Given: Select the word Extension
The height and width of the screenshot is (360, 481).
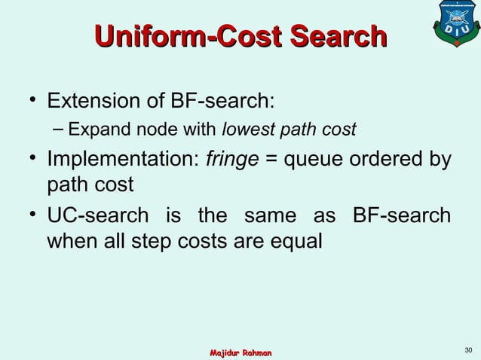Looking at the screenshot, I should click(x=93, y=101).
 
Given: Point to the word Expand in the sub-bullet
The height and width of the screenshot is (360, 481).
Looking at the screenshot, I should click(x=90, y=131).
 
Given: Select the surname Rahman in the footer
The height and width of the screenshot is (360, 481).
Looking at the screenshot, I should click(x=259, y=353).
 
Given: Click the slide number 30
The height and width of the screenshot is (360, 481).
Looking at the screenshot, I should click(x=468, y=349).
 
